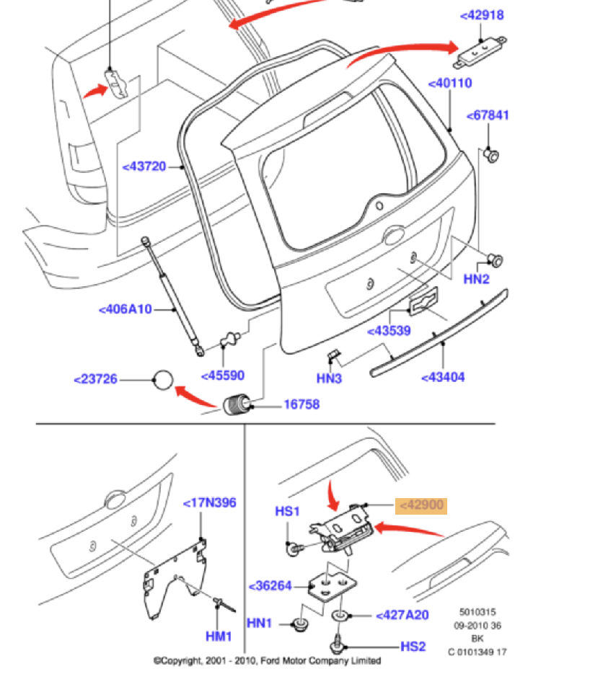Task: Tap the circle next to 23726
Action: click(164, 379)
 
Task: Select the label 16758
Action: click(301, 404)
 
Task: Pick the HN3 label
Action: click(329, 378)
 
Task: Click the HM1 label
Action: click(219, 636)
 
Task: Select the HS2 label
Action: click(413, 647)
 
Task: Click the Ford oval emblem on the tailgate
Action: click(394, 235)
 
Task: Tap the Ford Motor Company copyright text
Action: click(267, 660)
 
